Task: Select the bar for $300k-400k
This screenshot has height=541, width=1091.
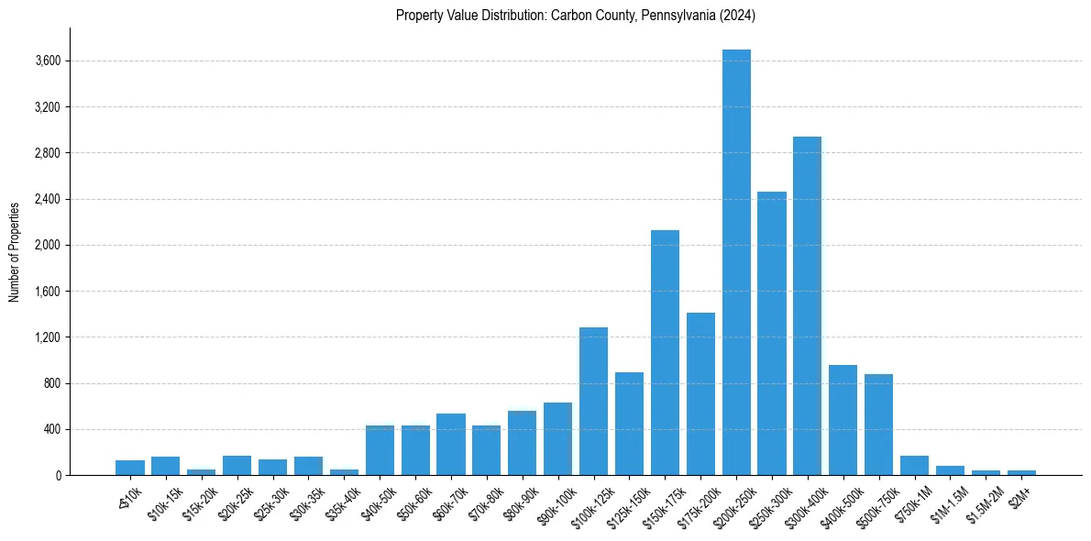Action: coord(807,306)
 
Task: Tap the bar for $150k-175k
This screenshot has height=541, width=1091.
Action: coord(665,353)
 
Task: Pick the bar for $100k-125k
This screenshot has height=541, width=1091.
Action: coord(593,402)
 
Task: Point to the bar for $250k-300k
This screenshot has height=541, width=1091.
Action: coord(772,334)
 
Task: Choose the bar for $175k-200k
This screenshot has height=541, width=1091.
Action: coord(700,394)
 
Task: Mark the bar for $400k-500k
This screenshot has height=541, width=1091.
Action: coord(843,420)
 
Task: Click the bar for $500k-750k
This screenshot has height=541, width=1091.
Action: coord(878,425)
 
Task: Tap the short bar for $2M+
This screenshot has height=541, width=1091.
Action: coord(1021,472)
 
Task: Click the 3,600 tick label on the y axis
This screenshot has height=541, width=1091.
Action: coord(47,61)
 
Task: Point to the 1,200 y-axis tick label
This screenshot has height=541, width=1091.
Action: coord(47,337)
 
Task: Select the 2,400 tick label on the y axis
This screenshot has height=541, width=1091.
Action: coord(47,199)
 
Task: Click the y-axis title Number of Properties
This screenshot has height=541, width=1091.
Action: coord(15,251)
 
